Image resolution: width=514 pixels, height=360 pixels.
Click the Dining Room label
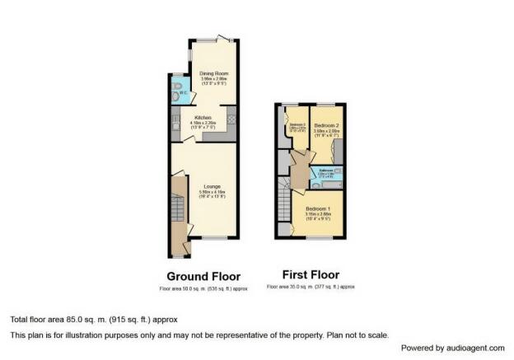213,74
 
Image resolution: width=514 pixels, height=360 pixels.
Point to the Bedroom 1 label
318,209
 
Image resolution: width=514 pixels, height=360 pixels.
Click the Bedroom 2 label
327,124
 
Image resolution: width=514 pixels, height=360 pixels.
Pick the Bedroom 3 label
297,124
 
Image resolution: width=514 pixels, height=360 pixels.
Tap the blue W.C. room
178,91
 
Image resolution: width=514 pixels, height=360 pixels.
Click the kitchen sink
176,126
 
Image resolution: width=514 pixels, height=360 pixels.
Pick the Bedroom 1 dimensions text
318,218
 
